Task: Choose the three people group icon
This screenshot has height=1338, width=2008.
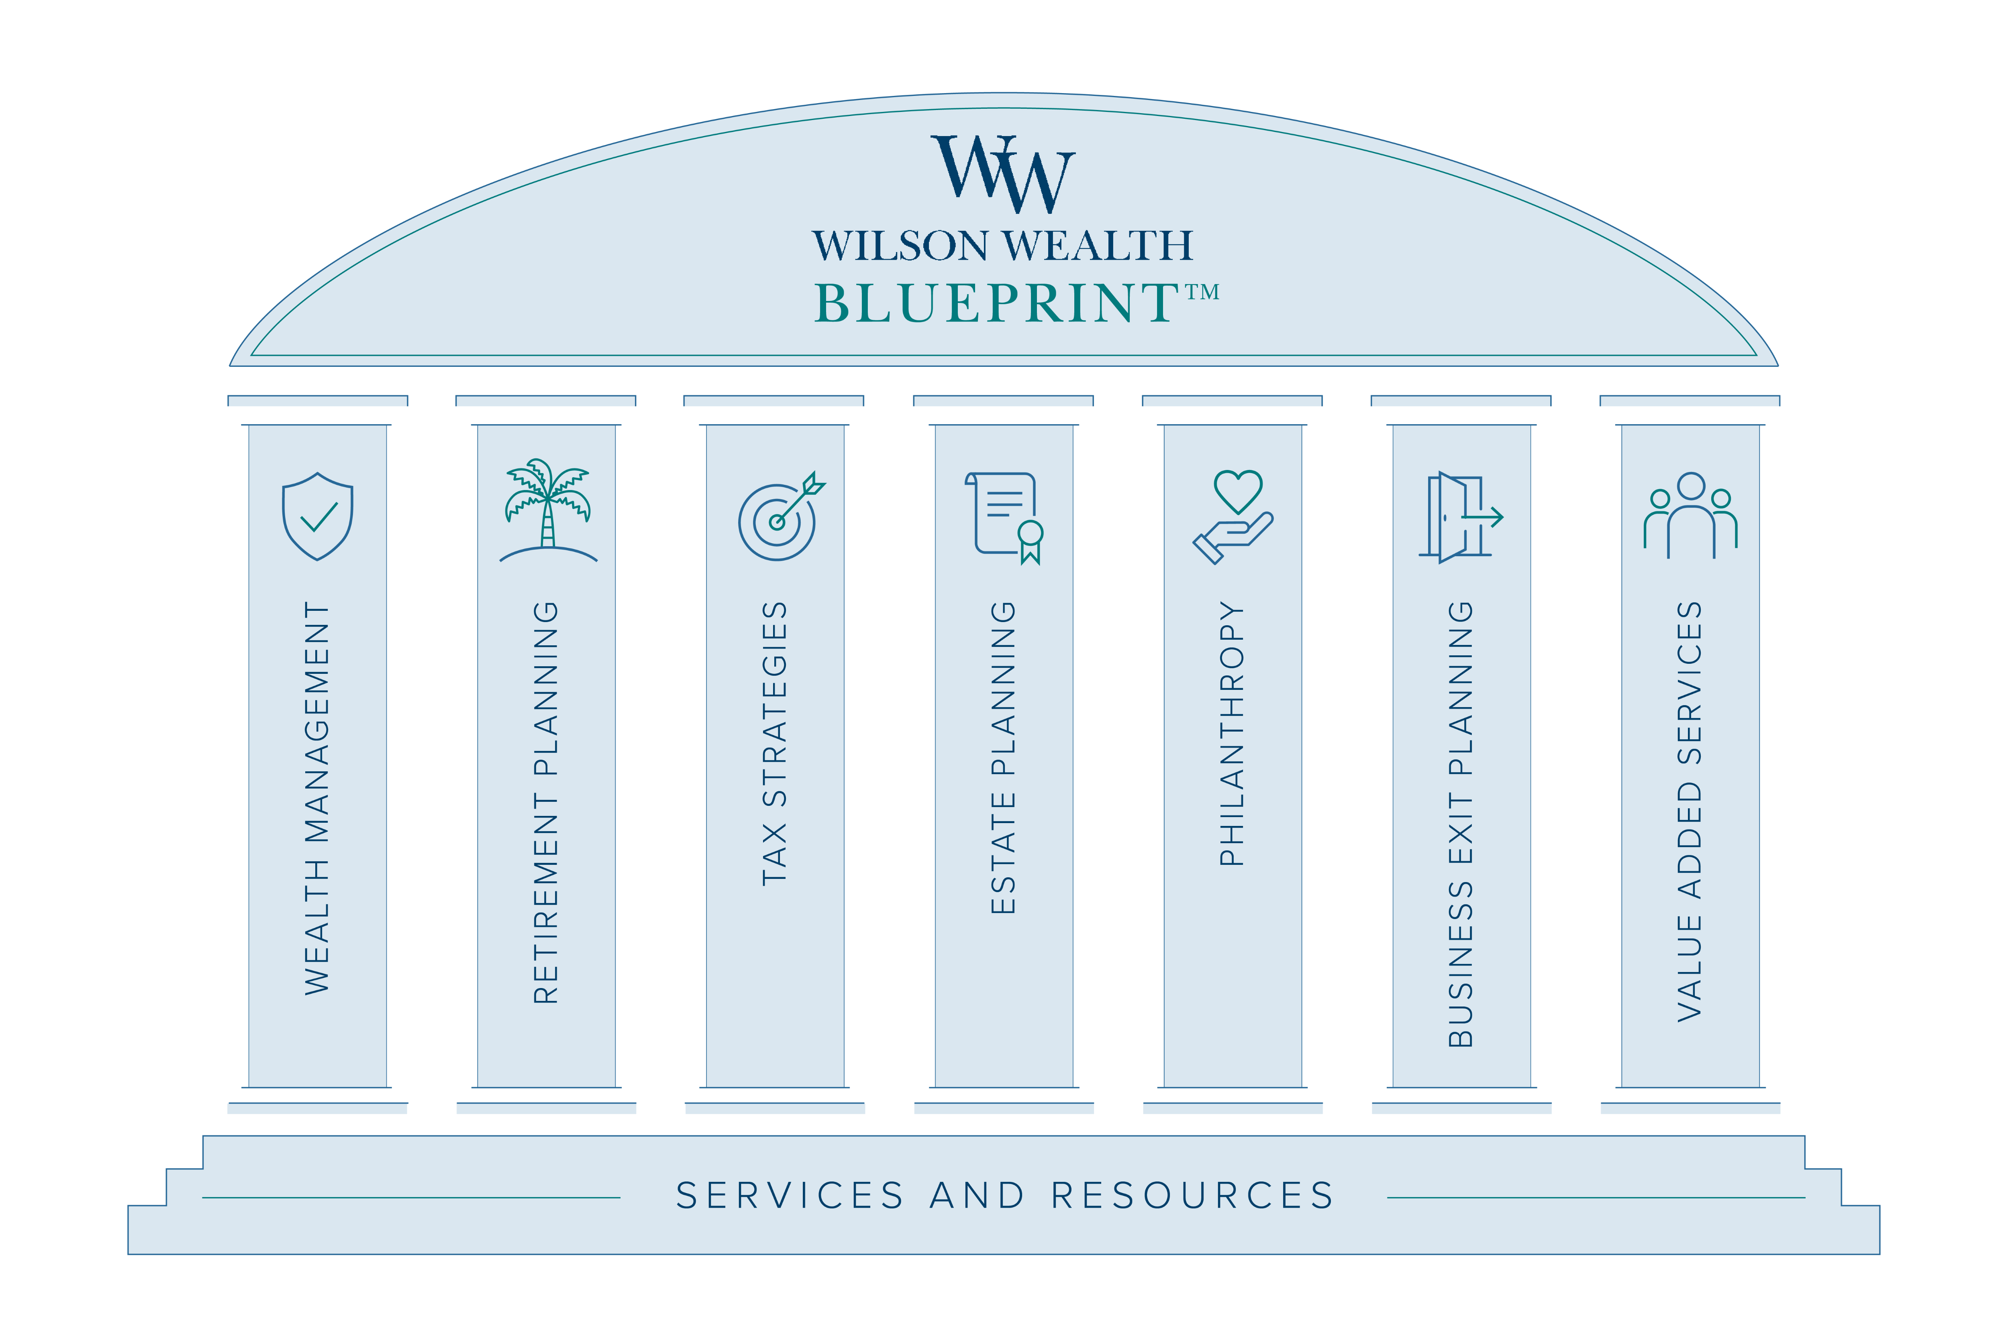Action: point(1690,516)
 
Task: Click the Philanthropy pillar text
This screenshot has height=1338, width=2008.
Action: point(1232,734)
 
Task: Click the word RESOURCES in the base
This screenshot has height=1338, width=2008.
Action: point(1193,1196)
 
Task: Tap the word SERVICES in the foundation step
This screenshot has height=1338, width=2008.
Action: point(790,1196)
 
